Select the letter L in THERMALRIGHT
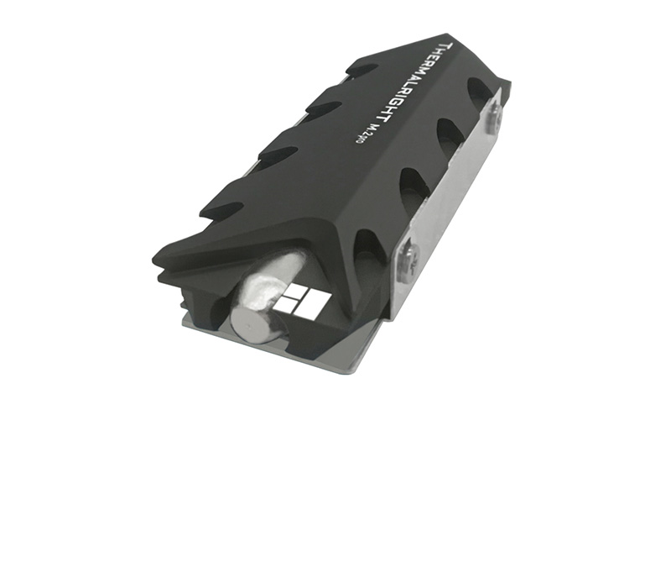point(409,84)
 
